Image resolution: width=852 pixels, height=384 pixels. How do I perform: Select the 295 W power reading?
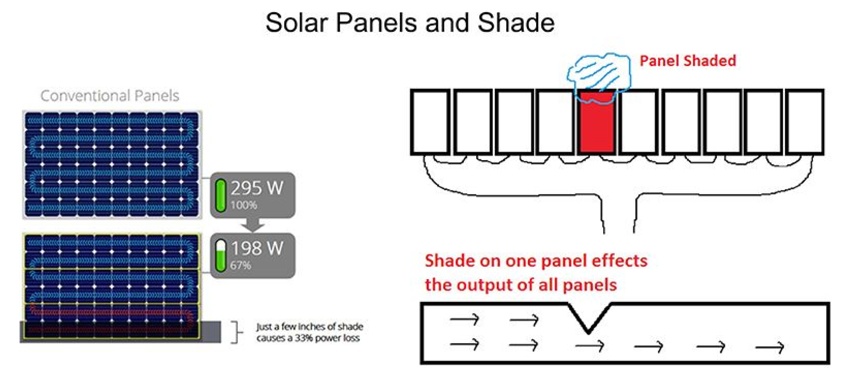(257, 188)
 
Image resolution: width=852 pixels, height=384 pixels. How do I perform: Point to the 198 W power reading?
(257, 248)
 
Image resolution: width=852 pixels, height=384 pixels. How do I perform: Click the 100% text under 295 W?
(243, 205)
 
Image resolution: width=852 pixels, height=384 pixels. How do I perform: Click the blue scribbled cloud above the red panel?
(599, 74)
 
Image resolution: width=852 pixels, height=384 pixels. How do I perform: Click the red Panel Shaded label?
(688, 61)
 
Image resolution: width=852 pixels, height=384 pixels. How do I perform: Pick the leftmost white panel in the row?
(430, 122)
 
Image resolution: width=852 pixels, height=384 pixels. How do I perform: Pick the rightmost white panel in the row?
(804, 122)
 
